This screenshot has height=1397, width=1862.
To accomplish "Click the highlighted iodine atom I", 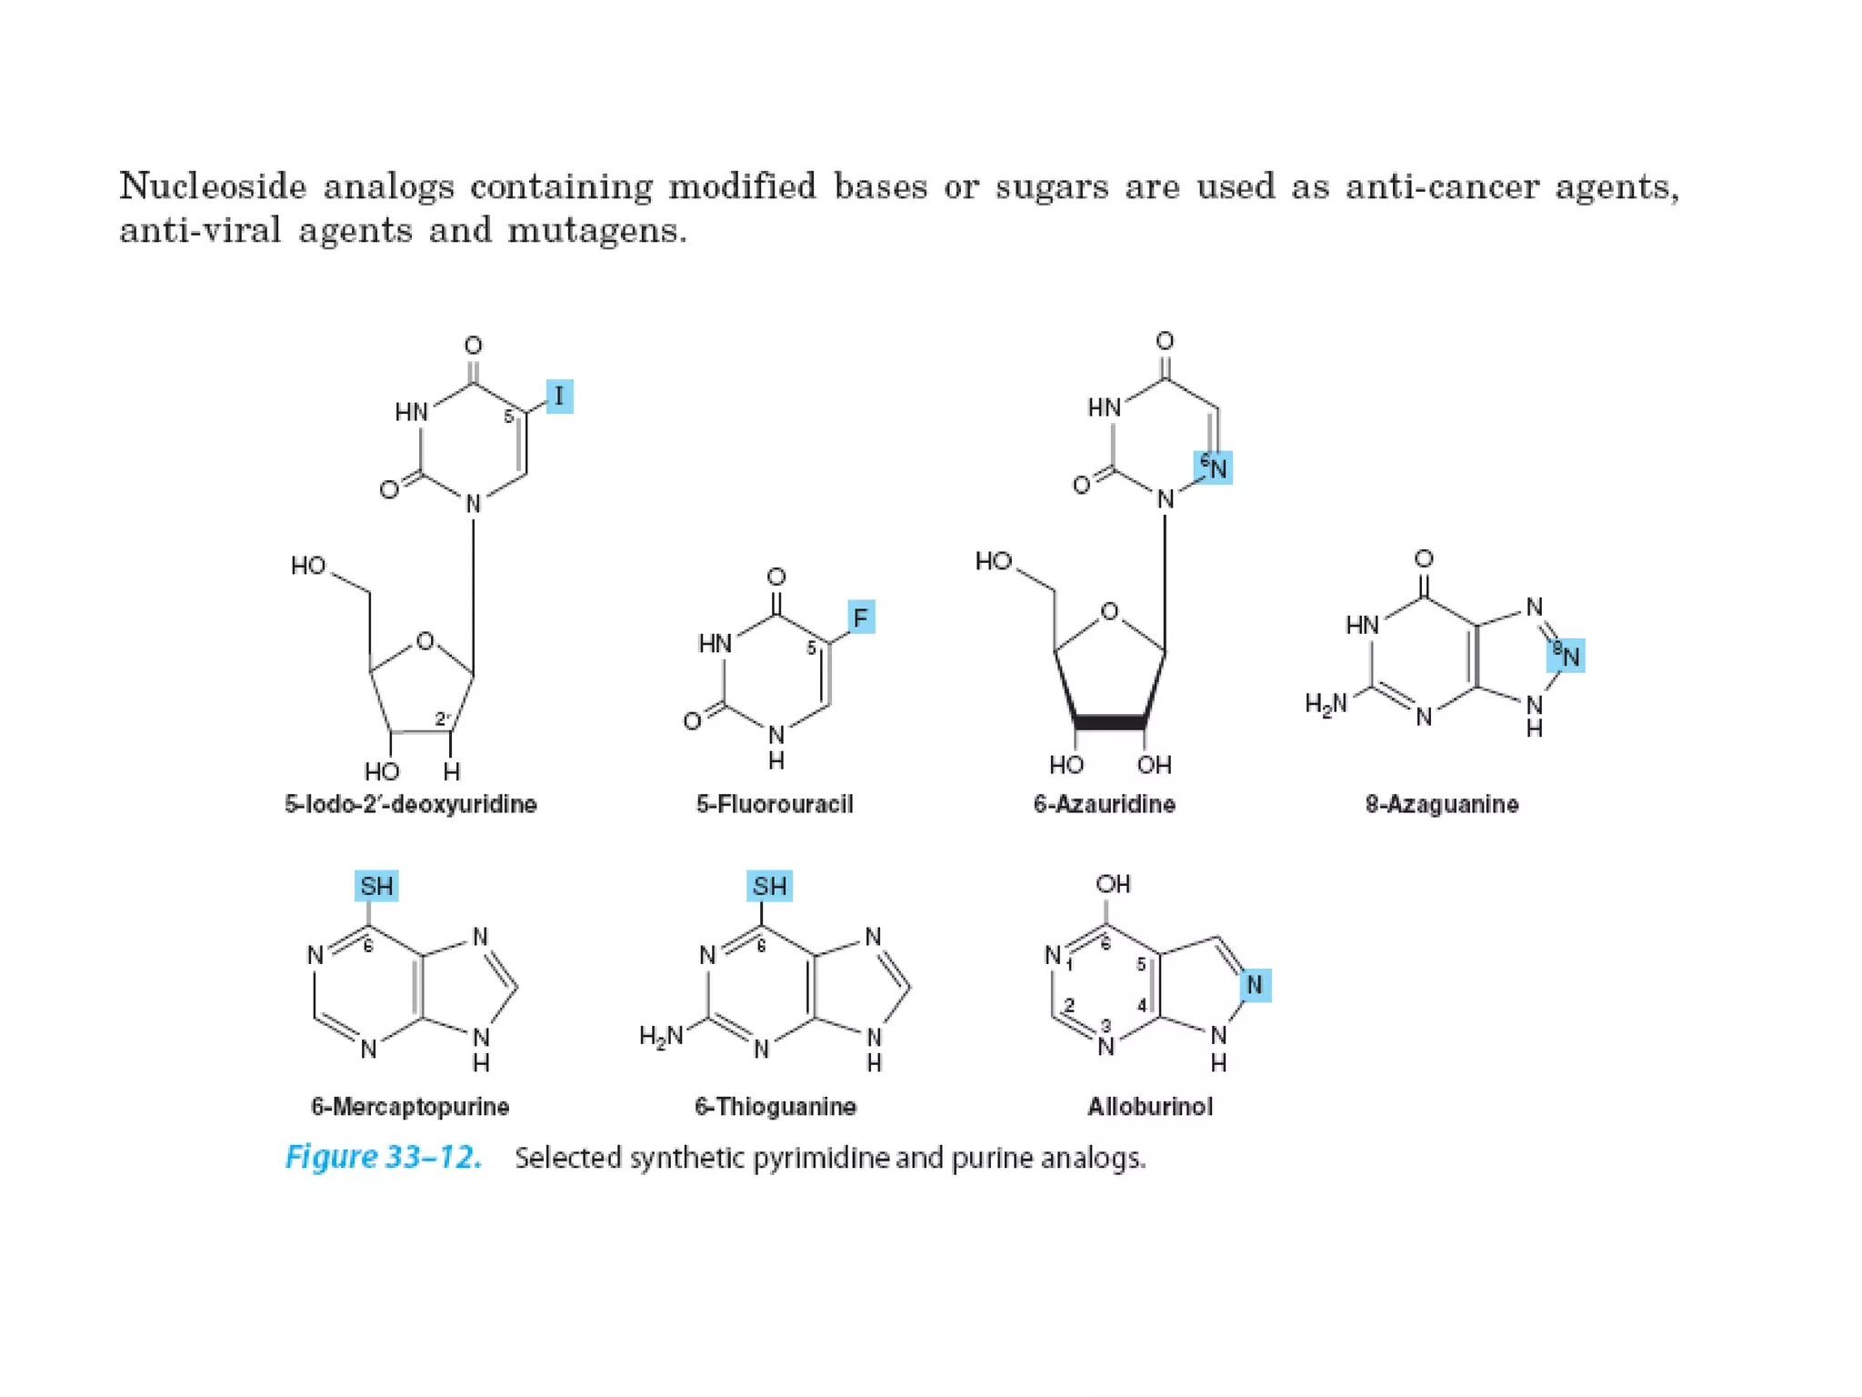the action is click(x=559, y=397).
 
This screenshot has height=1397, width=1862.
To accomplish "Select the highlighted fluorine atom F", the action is click(x=860, y=618).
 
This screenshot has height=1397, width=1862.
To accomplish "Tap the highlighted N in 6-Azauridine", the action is click(x=1215, y=468).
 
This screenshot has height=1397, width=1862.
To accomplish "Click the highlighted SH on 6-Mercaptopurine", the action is click(x=376, y=886).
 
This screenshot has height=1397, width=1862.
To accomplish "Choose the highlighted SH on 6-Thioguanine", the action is click(x=769, y=886).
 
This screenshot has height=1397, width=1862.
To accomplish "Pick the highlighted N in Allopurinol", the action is click(x=1255, y=985).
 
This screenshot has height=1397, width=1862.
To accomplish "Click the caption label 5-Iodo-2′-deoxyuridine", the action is click(x=411, y=804).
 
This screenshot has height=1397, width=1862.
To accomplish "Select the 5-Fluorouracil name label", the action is click(x=775, y=804).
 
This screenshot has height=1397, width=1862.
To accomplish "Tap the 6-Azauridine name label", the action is click(x=1104, y=804).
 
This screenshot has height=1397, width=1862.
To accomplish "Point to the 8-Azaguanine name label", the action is click(x=1442, y=804).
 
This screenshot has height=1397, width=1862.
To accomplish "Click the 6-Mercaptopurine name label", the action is click(x=410, y=1107).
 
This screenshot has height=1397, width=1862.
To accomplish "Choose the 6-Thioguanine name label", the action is click(x=776, y=1107).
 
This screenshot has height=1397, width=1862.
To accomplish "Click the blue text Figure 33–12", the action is click(x=384, y=1157).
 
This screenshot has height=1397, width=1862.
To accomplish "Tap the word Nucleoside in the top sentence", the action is click(x=213, y=186).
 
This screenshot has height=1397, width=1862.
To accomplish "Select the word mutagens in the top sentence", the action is click(x=596, y=231).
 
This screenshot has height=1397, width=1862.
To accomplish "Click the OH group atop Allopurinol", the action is click(x=1113, y=884).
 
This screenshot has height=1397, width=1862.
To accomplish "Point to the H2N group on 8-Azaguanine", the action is click(x=1326, y=704).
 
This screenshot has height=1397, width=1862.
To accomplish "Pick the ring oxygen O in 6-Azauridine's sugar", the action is click(x=1109, y=611).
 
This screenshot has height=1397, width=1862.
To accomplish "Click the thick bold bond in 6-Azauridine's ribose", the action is click(x=1110, y=723).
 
